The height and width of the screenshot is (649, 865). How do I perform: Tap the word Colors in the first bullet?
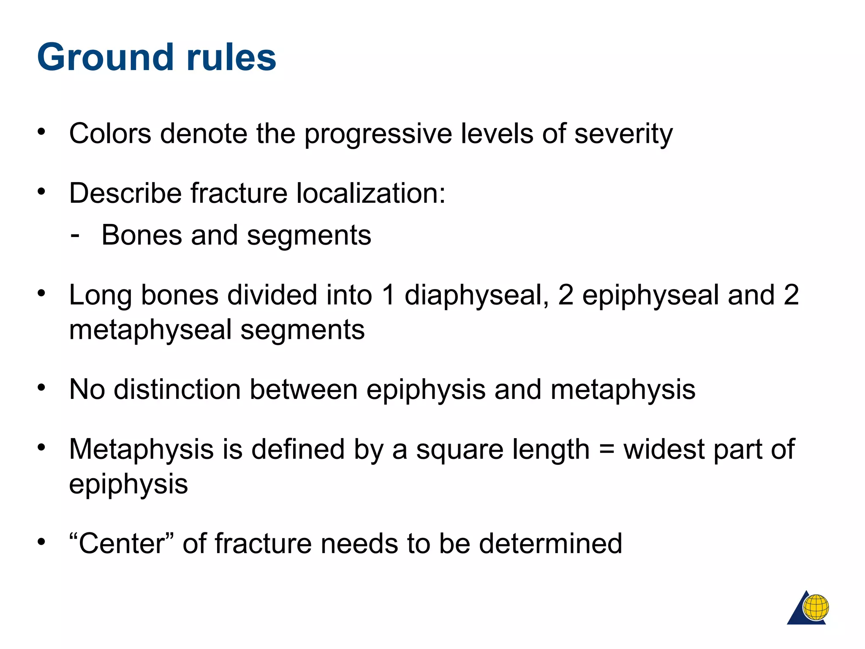point(110,134)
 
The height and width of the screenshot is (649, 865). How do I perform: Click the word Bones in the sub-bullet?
point(141,235)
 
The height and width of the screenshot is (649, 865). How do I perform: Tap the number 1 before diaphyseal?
point(389,295)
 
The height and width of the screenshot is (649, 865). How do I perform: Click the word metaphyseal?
point(150,330)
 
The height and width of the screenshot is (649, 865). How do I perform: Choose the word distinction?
point(177,389)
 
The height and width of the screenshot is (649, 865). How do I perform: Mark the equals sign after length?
point(607,450)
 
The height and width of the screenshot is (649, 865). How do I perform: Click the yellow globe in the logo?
point(816,607)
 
